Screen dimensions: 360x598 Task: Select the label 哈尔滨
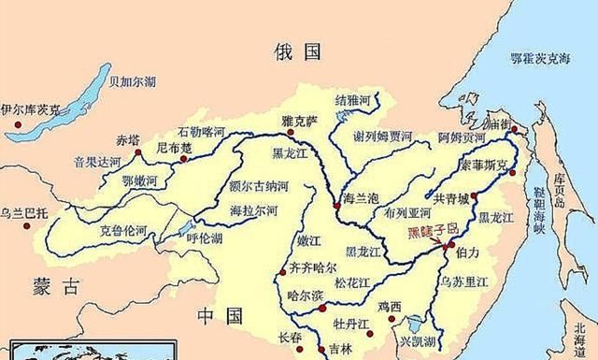(304, 295)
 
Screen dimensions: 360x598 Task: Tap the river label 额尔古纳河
(258, 187)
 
